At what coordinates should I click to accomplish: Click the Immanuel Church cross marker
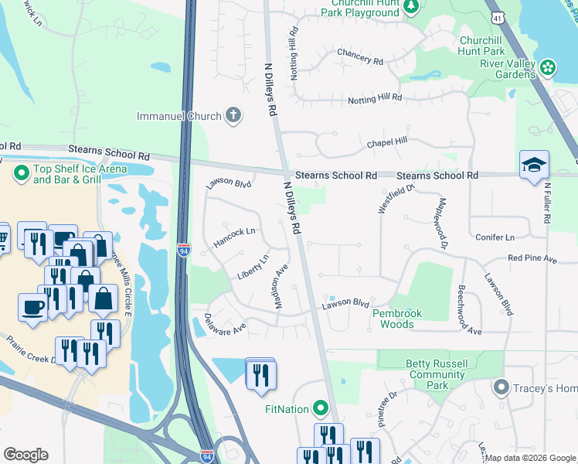point(233,116)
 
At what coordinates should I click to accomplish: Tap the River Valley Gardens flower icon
point(549,68)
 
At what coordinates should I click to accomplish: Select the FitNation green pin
point(321,408)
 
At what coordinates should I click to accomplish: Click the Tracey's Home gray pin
point(501,387)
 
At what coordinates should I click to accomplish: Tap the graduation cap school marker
point(534,165)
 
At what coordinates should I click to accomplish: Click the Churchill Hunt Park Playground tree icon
point(412,7)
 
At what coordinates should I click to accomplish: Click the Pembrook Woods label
point(403,319)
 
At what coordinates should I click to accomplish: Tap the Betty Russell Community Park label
point(437,374)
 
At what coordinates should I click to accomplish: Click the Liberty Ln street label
point(253,268)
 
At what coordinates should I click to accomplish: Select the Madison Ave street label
point(281,287)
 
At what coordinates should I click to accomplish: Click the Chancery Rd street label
point(359,56)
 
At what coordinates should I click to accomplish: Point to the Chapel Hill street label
point(386,142)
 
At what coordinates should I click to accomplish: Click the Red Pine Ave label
point(532,258)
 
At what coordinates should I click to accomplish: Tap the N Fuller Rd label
point(546,203)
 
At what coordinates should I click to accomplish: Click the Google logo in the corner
point(25,454)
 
